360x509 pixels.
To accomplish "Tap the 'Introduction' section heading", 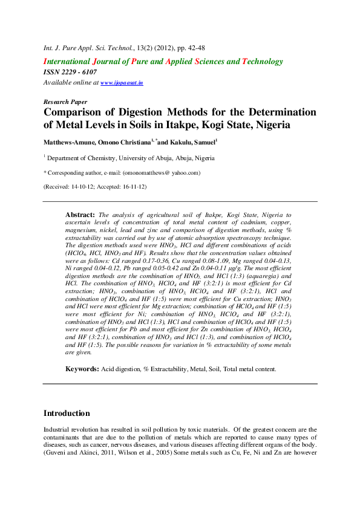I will click(x=67, y=413).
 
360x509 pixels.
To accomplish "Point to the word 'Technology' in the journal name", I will click(x=263, y=61).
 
